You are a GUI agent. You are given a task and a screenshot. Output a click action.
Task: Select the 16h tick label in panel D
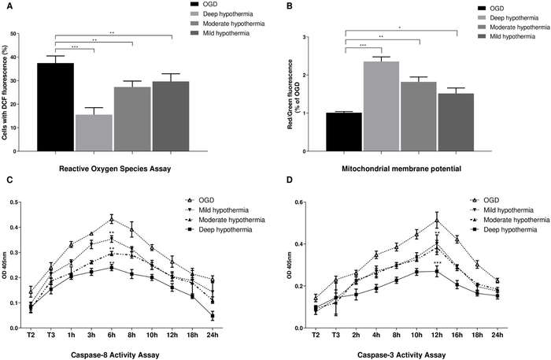457,335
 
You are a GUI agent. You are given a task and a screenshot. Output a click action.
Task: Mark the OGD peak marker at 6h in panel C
112,219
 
